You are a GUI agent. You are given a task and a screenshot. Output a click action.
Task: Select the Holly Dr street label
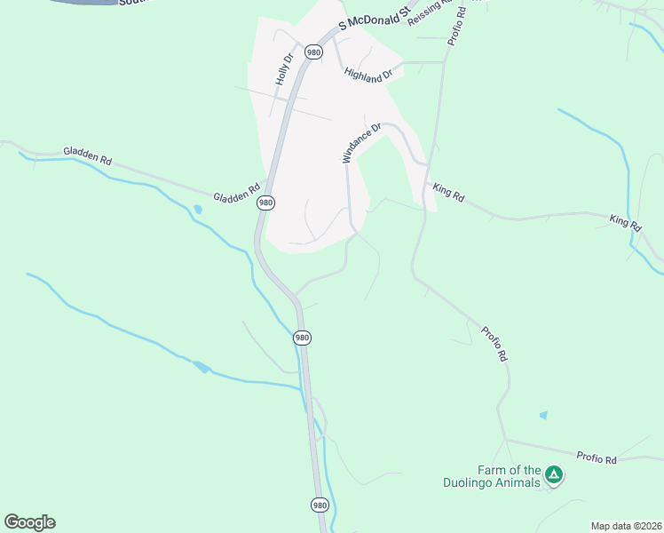(x=284, y=69)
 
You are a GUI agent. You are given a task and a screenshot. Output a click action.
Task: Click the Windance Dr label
(x=361, y=142)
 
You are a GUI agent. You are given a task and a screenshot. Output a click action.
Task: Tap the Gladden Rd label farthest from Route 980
(x=87, y=156)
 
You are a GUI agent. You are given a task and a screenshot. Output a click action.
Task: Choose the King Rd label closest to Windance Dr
(x=448, y=193)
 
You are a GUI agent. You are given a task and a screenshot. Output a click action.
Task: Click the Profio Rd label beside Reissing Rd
(x=457, y=22)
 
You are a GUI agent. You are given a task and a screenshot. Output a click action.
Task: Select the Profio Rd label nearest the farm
(x=597, y=458)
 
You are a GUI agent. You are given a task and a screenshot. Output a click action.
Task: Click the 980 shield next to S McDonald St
(x=312, y=52)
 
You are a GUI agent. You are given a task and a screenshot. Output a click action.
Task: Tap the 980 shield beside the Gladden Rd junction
(x=265, y=203)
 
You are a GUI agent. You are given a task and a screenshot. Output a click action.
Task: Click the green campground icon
(x=554, y=475)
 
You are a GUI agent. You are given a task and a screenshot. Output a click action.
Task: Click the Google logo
(x=29, y=522)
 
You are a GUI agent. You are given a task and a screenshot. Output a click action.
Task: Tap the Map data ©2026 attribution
(x=625, y=526)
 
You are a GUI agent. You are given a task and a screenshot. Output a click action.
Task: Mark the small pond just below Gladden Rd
(x=197, y=211)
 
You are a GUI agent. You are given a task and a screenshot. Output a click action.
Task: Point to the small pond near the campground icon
(x=543, y=415)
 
